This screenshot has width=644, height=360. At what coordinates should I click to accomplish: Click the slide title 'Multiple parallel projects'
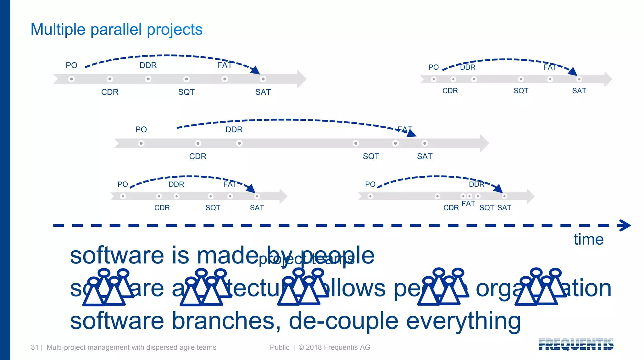coord(116,30)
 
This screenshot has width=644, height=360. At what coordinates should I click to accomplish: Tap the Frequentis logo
coord(576,344)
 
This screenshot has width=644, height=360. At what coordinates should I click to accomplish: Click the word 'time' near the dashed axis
coord(588,239)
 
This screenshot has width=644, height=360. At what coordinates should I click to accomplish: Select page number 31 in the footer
coord(34,347)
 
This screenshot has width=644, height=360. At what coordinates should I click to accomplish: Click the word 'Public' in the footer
coord(280,347)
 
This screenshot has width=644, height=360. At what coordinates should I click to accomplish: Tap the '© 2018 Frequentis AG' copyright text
coord(334,347)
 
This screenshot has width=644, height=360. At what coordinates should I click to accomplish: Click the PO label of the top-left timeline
coord(71,65)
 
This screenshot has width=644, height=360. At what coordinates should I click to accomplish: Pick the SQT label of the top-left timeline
coord(186,92)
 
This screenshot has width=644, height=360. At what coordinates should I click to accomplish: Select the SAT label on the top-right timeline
coord(579,91)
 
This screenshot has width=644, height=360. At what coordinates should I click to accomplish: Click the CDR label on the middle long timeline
coord(198,157)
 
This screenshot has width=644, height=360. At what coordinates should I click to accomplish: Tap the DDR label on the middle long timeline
coord(234,130)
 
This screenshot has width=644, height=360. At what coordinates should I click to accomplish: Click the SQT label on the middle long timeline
coord(371,157)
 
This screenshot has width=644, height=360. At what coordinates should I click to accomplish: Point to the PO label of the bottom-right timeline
coord(370,184)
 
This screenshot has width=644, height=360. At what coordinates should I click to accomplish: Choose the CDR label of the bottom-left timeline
coord(162,208)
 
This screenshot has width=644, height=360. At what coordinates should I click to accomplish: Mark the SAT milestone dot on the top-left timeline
coord(263,79)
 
